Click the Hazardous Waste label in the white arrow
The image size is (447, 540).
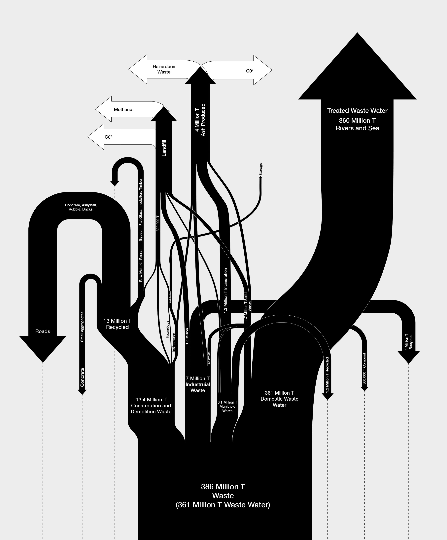point(164,69)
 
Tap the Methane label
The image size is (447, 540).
point(123,110)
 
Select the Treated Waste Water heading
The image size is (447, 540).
point(357,111)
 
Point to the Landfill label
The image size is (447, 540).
point(164,148)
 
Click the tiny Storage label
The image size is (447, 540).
point(260,169)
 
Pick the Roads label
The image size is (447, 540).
point(43,331)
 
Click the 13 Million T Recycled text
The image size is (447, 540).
point(117,324)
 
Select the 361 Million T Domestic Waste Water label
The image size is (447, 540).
point(279,399)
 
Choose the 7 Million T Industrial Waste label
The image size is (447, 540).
point(198,384)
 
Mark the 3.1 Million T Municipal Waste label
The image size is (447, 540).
point(227,407)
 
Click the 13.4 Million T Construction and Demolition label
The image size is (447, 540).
point(151,406)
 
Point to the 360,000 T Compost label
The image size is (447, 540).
point(364,368)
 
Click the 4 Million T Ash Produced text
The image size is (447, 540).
point(200,120)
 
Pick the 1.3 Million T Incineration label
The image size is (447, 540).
point(225,291)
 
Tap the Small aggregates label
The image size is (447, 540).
point(82,327)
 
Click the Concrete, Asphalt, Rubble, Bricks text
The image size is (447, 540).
point(81,207)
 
